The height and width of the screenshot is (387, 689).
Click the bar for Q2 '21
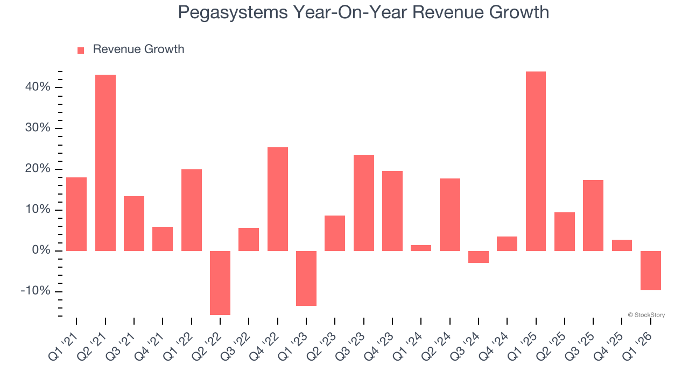[106, 162]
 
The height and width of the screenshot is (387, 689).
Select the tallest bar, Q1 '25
[536, 161]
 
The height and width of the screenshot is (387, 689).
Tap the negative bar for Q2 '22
[220, 283]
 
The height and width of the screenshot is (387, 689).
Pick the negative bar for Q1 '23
[306, 278]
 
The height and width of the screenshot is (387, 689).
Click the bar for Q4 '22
[278, 199]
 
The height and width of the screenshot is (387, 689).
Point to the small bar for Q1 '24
[421, 248]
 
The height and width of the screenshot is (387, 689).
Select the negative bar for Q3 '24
[479, 257]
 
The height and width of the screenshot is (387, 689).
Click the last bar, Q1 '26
[650, 270]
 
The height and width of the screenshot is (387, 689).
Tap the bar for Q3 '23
[364, 203]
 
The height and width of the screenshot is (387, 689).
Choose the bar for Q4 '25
[622, 245]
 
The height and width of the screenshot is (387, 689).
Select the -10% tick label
[36, 291]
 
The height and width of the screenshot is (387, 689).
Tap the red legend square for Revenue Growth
[81, 50]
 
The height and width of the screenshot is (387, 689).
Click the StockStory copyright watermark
[646, 315]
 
